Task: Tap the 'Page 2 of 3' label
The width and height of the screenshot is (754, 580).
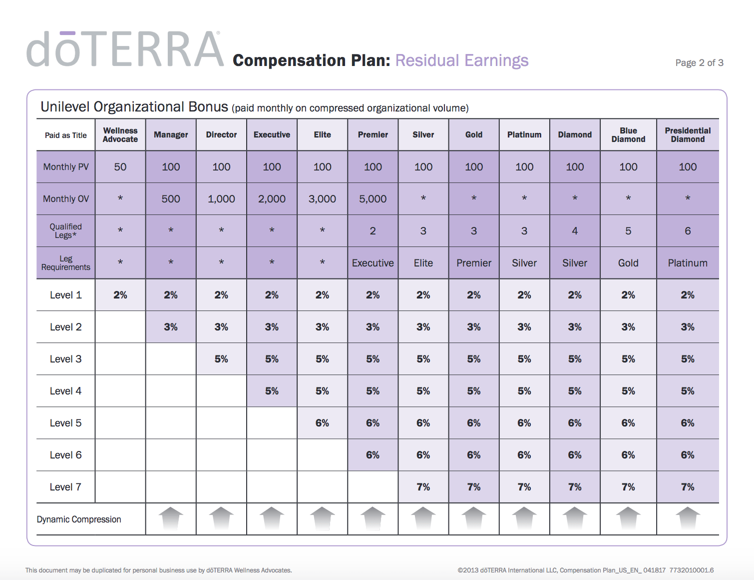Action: pyautogui.click(x=699, y=62)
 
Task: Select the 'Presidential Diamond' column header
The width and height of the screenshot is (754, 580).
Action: pyautogui.click(x=688, y=135)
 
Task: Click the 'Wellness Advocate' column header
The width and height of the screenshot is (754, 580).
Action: pyautogui.click(x=120, y=135)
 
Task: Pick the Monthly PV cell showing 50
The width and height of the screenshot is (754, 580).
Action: pyautogui.click(x=120, y=167)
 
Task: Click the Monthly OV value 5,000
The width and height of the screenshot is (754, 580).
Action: pyautogui.click(x=373, y=199)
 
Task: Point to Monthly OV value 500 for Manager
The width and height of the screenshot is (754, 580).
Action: pyautogui.click(x=171, y=199)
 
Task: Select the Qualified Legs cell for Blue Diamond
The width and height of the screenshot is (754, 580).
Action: pyautogui.click(x=628, y=231)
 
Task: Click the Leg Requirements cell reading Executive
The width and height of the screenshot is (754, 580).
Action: pyautogui.click(x=373, y=263)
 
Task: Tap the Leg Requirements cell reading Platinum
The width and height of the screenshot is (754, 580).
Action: pyautogui.click(x=688, y=263)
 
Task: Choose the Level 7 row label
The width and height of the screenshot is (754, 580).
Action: pyautogui.click(x=65, y=487)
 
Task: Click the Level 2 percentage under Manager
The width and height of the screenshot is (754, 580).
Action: pyautogui.click(x=171, y=327)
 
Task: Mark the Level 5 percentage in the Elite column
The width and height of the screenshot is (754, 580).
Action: pyautogui.click(x=322, y=423)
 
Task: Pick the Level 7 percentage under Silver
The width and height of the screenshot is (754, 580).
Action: pyautogui.click(x=423, y=487)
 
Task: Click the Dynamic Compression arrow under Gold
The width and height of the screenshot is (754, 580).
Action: pyautogui.click(x=474, y=518)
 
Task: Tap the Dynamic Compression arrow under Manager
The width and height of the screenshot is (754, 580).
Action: pyautogui.click(x=171, y=518)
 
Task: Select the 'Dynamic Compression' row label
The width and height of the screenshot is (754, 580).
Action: pyautogui.click(x=79, y=519)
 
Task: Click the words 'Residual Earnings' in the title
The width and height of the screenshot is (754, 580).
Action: pyautogui.click(x=462, y=60)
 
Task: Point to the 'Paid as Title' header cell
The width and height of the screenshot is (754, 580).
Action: pyautogui.click(x=65, y=135)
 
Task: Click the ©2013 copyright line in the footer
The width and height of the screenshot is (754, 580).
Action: pyautogui.click(x=585, y=570)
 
